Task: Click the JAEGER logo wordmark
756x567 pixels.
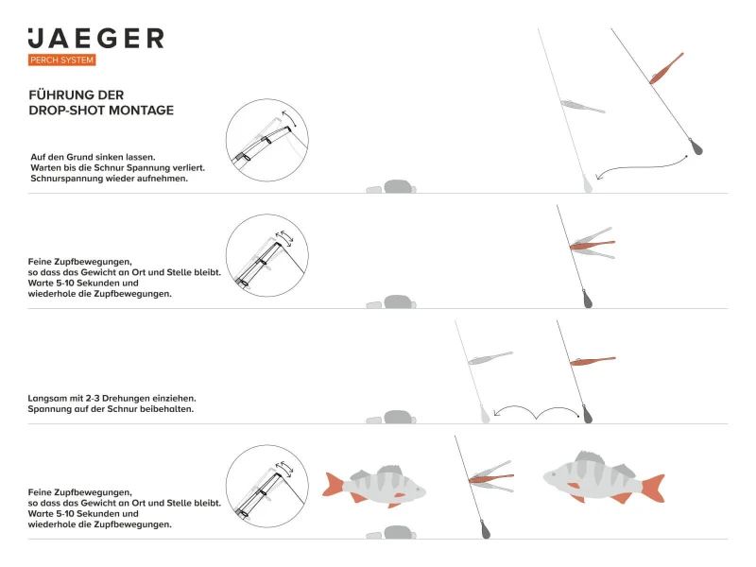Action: point(95,39)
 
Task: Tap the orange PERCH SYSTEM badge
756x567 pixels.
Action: point(62,60)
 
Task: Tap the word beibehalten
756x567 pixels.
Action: point(165,409)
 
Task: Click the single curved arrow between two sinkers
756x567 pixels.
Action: point(643,166)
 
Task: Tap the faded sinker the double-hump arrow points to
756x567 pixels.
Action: point(485,413)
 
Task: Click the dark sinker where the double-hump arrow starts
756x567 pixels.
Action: point(586,413)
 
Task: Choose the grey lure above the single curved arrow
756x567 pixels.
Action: point(582,106)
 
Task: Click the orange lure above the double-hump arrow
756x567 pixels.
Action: point(593,361)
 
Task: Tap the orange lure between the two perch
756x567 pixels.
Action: point(491,479)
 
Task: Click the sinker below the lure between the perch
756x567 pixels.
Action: point(485,529)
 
